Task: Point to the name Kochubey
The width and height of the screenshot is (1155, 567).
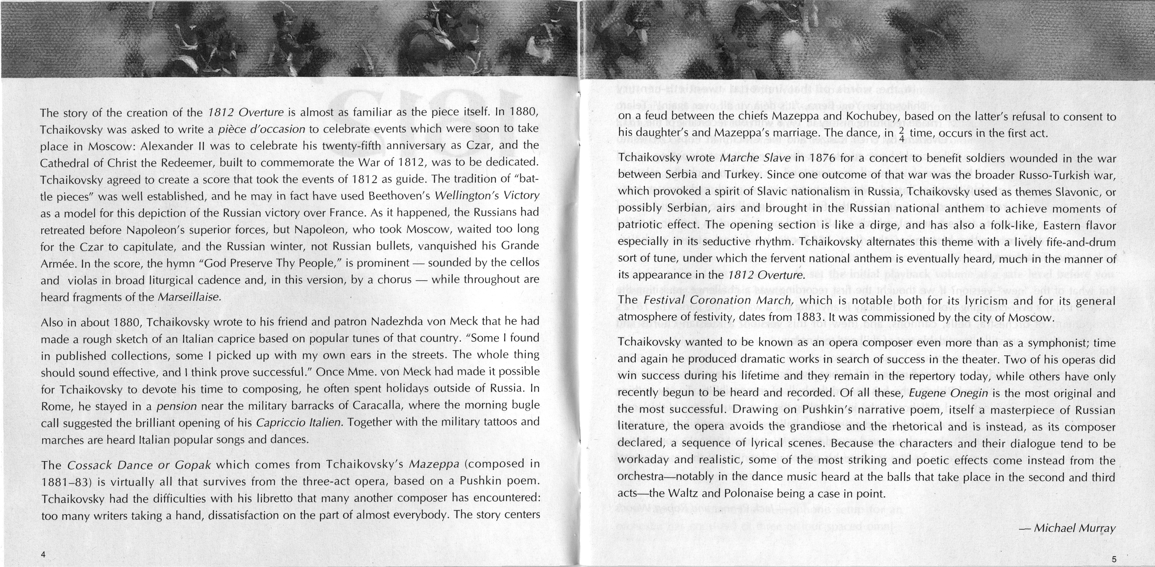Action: pyautogui.click(x=882, y=117)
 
